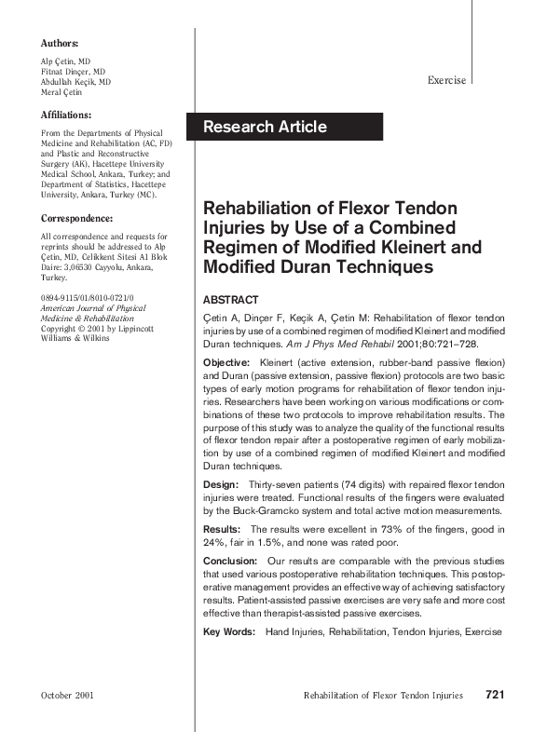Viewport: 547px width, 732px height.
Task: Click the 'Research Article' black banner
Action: coord(284,127)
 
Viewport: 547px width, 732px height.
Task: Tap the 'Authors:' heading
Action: coord(60,44)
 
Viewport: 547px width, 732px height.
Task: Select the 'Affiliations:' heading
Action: coord(66,115)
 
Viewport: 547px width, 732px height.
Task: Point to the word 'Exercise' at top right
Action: coord(446,81)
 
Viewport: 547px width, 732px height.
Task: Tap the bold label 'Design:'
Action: coord(221,485)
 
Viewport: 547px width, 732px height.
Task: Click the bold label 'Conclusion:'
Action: coord(230,562)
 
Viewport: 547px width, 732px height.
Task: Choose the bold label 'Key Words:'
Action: coord(229,632)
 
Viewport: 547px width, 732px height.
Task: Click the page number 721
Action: coord(495,695)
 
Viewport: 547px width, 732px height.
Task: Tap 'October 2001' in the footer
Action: coord(68,696)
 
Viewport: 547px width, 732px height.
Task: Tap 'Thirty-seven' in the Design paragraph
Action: coord(277,485)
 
